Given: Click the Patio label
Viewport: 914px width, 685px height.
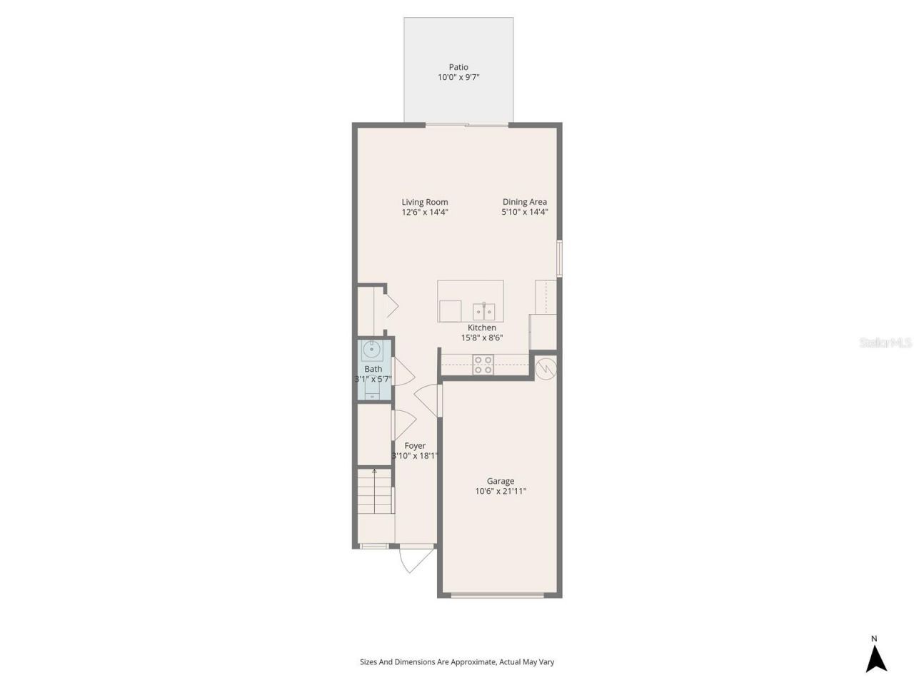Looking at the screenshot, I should [458, 67].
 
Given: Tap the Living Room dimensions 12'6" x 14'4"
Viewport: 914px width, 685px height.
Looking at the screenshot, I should [425, 212].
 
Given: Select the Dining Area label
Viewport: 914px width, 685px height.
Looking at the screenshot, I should [524, 202].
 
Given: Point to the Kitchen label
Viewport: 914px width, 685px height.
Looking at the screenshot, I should [482, 328].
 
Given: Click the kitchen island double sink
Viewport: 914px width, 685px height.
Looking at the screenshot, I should [483, 311].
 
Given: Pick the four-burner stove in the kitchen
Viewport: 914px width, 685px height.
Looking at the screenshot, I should [483, 364].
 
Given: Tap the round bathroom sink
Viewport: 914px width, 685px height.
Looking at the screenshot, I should [371, 350].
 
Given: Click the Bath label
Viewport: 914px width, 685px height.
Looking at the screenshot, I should [373, 369].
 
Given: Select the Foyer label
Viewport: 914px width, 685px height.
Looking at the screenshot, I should [415, 446].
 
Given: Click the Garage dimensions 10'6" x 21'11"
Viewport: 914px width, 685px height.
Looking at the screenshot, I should [501, 491].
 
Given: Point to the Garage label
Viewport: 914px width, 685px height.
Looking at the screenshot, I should [501, 481].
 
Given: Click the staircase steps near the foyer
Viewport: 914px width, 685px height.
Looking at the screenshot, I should [375, 492].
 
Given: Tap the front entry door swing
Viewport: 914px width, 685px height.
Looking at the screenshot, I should [415, 559].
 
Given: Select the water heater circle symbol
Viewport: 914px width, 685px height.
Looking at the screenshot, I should [545, 368].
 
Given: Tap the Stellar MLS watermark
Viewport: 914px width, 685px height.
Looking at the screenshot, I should [885, 343].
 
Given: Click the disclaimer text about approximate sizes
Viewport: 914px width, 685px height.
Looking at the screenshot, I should [457, 662].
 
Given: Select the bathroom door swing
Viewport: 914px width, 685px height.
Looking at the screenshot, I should [403, 372].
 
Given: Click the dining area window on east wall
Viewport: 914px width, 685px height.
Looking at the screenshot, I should [559, 258].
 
